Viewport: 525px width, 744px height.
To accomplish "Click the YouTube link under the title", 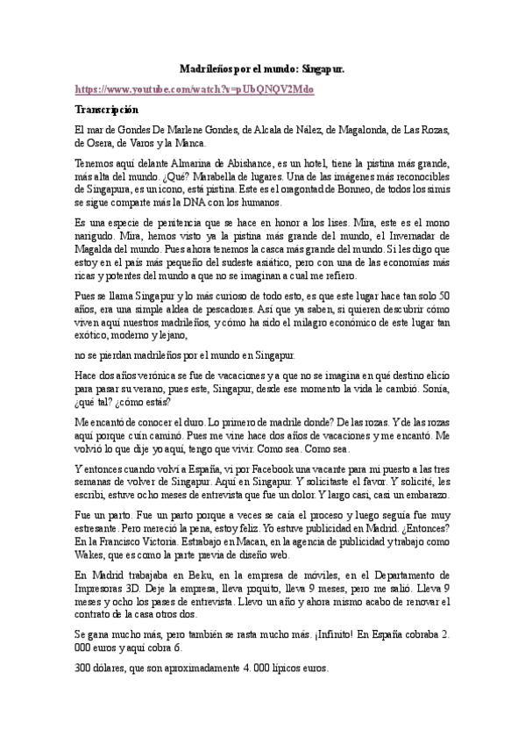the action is pos(194,89).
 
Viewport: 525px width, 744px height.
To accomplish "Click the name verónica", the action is pos(154,375).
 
